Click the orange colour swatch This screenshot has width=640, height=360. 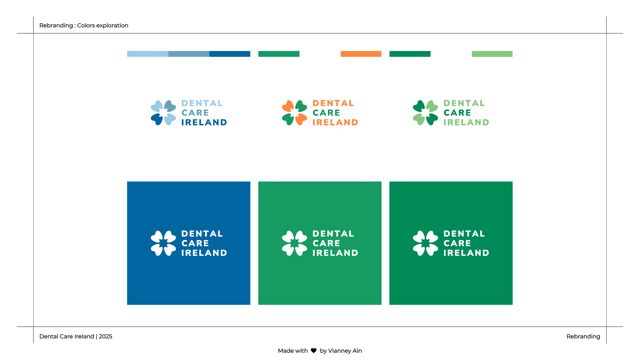361,54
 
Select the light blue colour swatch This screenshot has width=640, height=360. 148,54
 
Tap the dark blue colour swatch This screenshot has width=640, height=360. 230,54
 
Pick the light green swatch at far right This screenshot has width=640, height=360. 492,54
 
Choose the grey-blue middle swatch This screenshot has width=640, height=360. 189,54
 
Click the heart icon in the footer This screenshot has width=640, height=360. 314,351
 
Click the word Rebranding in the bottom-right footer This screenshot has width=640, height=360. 583,337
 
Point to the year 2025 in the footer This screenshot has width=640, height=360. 106,337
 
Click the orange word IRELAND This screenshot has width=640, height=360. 335,123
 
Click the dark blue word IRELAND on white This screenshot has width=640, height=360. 204,123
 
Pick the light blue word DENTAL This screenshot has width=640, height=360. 202,103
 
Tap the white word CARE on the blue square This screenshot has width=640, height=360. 195,243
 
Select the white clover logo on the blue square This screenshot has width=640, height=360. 163,243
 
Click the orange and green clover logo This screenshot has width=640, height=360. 295,113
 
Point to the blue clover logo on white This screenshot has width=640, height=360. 163,113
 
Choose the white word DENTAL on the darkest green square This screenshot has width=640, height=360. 464,234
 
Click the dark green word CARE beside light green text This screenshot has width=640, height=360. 457,113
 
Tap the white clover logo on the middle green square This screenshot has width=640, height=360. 295,243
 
